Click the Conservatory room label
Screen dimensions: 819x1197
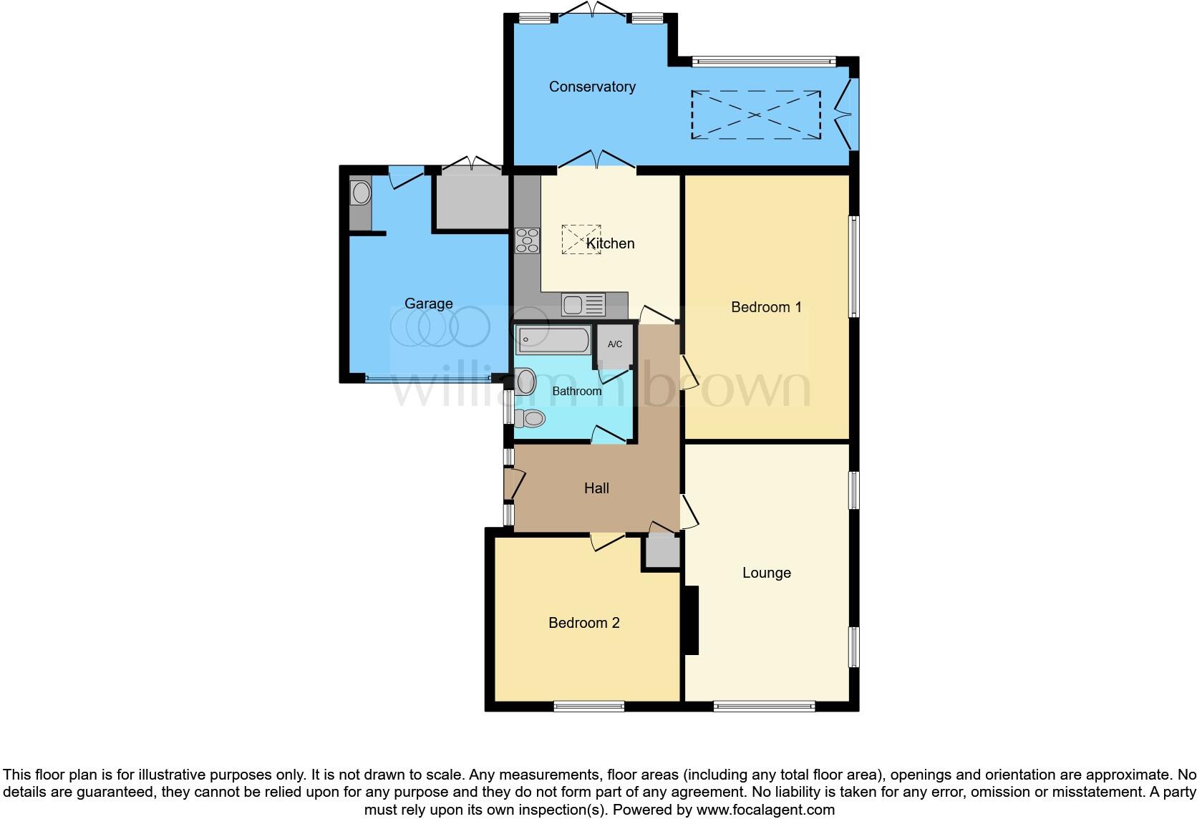click(x=592, y=87)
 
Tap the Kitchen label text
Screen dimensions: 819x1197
click(x=610, y=243)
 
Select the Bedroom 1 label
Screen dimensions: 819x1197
click(x=766, y=307)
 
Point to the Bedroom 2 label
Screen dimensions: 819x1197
click(x=583, y=623)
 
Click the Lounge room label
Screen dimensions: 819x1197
click(x=766, y=573)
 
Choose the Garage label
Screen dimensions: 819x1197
click(x=428, y=304)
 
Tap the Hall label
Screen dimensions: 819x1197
click(x=596, y=488)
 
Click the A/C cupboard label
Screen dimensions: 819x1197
click(x=615, y=344)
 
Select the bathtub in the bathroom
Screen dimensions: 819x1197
click(x=553, y=340)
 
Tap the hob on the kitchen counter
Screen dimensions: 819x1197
click(x=527, y=240)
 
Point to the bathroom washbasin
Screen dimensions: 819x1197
click(x=526, y=382)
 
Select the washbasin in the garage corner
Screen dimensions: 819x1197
click(x=361, y=193)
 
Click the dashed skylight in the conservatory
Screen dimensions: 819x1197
click(x=755, y=115)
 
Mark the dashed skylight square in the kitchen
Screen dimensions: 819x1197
click(x=581, y=239)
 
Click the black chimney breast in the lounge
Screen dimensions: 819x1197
click(x=691, y=620)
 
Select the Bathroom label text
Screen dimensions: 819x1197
click(x=576, y=391)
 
